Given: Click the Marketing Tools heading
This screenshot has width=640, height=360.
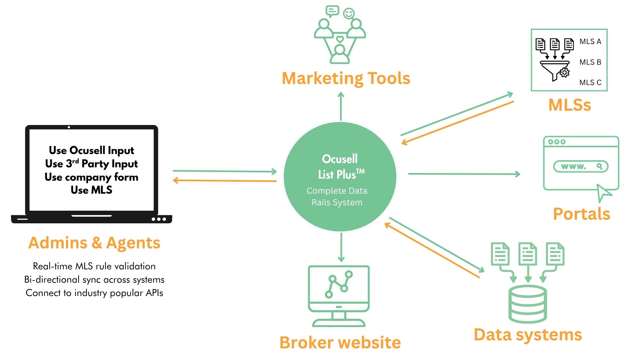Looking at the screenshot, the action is (346, 78).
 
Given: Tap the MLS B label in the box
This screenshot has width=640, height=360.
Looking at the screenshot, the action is (590, 62).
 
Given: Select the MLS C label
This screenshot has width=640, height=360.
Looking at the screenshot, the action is (590, 82).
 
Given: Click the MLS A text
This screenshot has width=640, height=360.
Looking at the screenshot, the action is (590, 42).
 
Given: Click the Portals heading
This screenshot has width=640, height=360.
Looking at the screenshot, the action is (581, 214).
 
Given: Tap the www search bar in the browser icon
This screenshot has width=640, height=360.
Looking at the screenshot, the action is (581, 166).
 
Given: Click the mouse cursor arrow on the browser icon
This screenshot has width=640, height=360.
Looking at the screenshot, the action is (604, 193).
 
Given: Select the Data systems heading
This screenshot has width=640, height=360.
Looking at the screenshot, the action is (528, 335).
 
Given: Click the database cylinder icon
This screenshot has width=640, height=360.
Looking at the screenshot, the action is (528, 304).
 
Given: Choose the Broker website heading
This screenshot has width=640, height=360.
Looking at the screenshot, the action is (340, 343).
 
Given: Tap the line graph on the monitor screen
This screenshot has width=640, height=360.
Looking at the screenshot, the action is (339, 284).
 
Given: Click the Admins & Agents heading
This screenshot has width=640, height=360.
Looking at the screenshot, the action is (94, 243).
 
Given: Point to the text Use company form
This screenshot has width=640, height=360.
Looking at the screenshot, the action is (91, 177).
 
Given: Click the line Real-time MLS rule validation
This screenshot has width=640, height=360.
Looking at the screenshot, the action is (94, 266).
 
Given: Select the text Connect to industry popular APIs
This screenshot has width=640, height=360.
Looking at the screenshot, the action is (94, 293).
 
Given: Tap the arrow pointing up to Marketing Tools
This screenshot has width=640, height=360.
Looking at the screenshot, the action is (341, 106).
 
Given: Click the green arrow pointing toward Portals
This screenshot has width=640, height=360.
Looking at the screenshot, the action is (464, 174).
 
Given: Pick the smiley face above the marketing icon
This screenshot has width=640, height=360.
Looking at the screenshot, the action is (349, 14).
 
